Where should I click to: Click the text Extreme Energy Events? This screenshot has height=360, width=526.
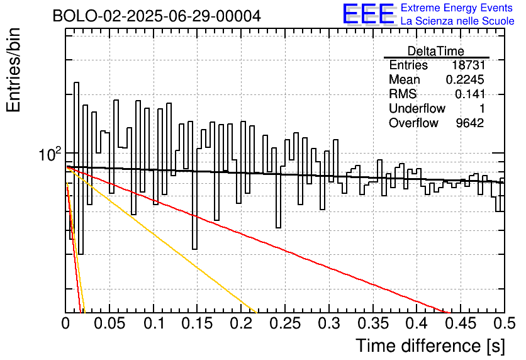457,8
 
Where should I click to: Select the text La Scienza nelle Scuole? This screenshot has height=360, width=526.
457,21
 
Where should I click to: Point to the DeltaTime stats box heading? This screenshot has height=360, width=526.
435,51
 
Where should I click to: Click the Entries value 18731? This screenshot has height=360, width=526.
467,65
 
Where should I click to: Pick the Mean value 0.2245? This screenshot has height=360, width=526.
464,80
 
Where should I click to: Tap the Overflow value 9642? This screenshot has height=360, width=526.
469,123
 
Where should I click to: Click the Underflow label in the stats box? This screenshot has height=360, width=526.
417,109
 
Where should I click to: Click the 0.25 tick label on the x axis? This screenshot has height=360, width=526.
285,324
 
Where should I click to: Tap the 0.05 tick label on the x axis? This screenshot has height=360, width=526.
109,324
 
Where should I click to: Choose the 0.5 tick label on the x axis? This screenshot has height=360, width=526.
503,324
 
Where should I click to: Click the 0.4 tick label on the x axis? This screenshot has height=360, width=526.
417,324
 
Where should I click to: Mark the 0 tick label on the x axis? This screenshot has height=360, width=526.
66,324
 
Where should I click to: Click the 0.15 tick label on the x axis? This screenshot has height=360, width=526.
198,324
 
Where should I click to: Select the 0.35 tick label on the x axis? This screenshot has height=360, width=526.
373,324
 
